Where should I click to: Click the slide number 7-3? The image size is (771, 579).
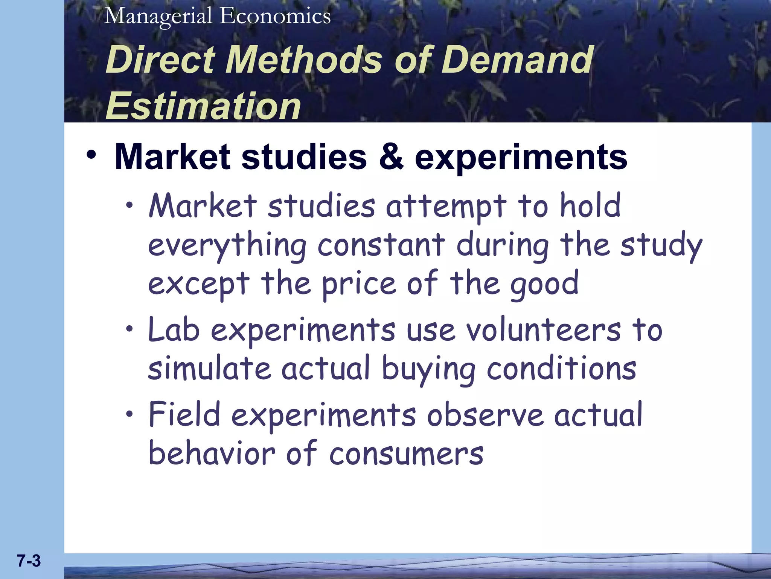coord(29,561)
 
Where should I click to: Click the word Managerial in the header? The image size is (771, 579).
coord(158,17)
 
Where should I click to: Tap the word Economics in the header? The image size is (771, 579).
coord(275,16)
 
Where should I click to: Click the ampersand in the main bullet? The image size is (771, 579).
coord(391,157)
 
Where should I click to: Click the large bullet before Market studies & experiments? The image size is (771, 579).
coord(91,155)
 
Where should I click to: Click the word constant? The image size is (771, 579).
coord(381,245)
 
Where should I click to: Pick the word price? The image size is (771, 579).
coord(358,284)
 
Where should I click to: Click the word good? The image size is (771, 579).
coord(544,284)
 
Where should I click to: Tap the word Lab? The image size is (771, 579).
coord(174,329)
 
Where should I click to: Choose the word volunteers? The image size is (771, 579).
coord(544,330)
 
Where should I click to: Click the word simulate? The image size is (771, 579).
coord(209,368)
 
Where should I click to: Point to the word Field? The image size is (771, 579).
coord(184,414)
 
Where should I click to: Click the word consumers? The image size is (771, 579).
coord(406,453)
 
